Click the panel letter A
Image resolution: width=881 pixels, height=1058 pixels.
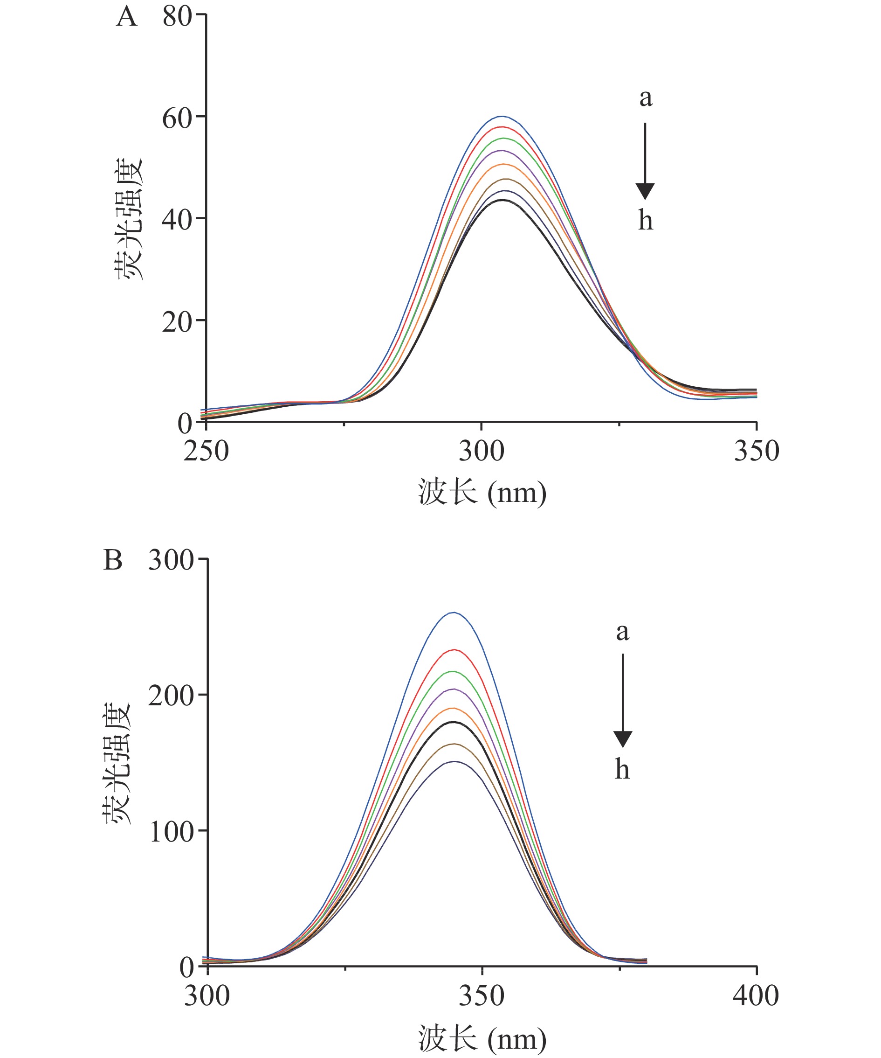pyautogui.click(x=126, y=17)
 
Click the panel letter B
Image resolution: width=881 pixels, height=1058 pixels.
pyautogui.click(x=113, y=560)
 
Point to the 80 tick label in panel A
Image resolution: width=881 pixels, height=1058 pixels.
pyautogui.click(x=177, y=17)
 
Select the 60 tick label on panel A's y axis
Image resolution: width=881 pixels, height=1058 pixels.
pyautogui.click(x=177, y=119)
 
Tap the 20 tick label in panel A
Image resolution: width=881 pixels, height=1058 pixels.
pyautogui.click(x=177, y=322)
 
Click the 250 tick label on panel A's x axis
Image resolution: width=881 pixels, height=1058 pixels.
pyautogui.click(x=206, y=451)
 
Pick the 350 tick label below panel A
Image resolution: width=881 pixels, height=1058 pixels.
pyautogui.click(x=756, y=451)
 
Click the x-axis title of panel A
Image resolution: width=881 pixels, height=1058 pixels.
pyautogui.click(x=482, y=492)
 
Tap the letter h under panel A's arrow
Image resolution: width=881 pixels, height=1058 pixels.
pyautogui.click(x=646, y=221)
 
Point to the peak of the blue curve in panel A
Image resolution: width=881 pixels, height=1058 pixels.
pyautogui.click(x=502, y=116)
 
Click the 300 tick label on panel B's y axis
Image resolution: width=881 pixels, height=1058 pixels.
pyautogui.click(x=171, y=560)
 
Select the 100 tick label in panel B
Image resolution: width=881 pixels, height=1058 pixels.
pyautogui.click(x=171, y=832)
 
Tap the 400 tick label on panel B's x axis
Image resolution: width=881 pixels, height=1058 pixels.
pyautogui.click(x=756, y=996)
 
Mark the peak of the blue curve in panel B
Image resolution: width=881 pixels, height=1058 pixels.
pyautogui.click(x=454, y=613)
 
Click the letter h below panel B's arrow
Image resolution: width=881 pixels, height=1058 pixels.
pyautogui.click(x=623, y=769)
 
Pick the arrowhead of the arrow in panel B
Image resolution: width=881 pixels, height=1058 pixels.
pyautogui.click(x=623, y=739)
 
